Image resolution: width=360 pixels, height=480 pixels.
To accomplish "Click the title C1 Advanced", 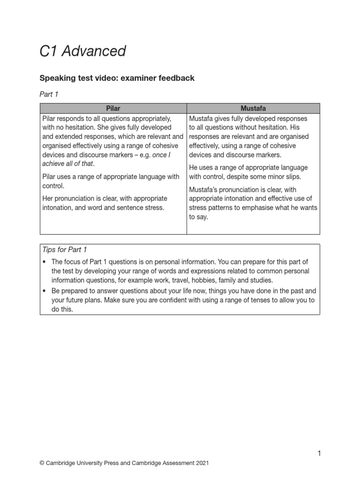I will tap(82, 51).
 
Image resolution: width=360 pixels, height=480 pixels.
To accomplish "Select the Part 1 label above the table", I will tap(49, 94).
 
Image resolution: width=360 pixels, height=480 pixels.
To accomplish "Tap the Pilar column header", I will tap(113, 108).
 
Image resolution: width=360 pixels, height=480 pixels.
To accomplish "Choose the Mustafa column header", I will tap(253, 108).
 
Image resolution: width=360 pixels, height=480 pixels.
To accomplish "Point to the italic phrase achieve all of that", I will tap(67, 164).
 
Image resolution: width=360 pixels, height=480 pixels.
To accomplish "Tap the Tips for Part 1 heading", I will tap(65, 250).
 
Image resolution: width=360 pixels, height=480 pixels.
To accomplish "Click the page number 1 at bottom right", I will tap(319, 453).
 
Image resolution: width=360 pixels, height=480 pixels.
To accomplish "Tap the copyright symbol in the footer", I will tap(42, 463).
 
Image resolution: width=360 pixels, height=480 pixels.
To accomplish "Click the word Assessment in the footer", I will tap(173, 463).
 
